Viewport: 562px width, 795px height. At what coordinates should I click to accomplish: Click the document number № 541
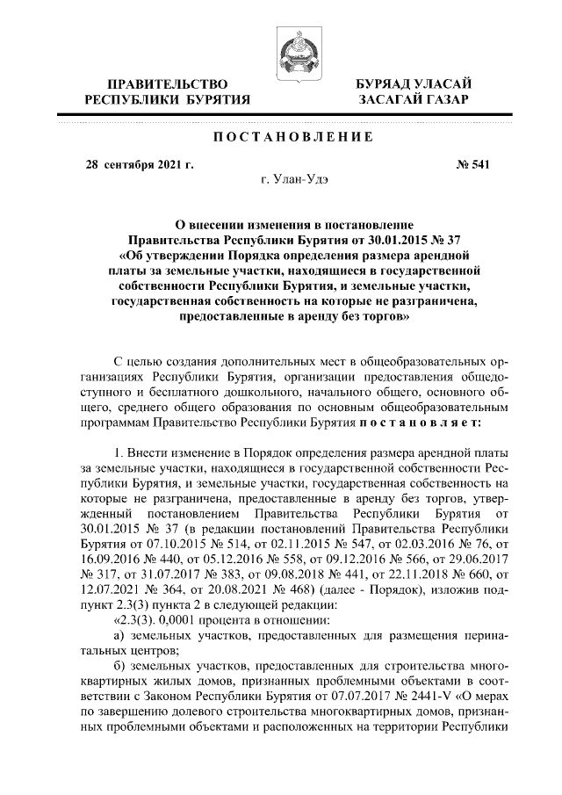click(458, 163)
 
